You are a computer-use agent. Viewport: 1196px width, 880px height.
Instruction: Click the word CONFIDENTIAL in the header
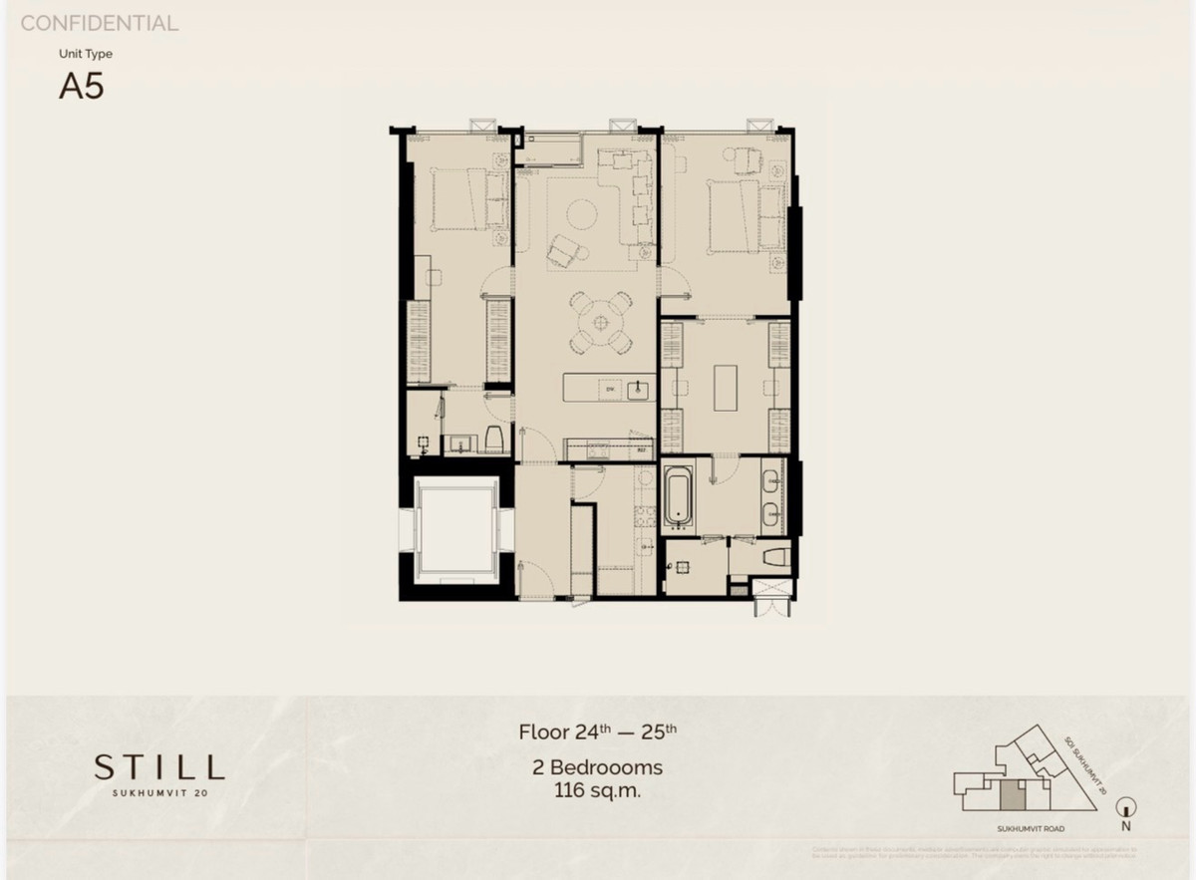tap(100, 23)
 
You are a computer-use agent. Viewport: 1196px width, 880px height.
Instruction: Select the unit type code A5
tap(82, 87)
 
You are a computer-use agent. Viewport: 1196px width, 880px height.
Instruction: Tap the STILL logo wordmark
tap(159, 766)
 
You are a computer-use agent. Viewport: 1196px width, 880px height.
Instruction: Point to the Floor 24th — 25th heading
tap(598, 733)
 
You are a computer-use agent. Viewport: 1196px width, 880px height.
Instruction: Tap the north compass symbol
tap(1125, 808)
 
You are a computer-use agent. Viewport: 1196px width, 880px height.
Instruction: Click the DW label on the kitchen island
tap(604, 390)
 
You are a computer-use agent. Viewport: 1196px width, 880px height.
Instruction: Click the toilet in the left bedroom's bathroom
tap(492, 440)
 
